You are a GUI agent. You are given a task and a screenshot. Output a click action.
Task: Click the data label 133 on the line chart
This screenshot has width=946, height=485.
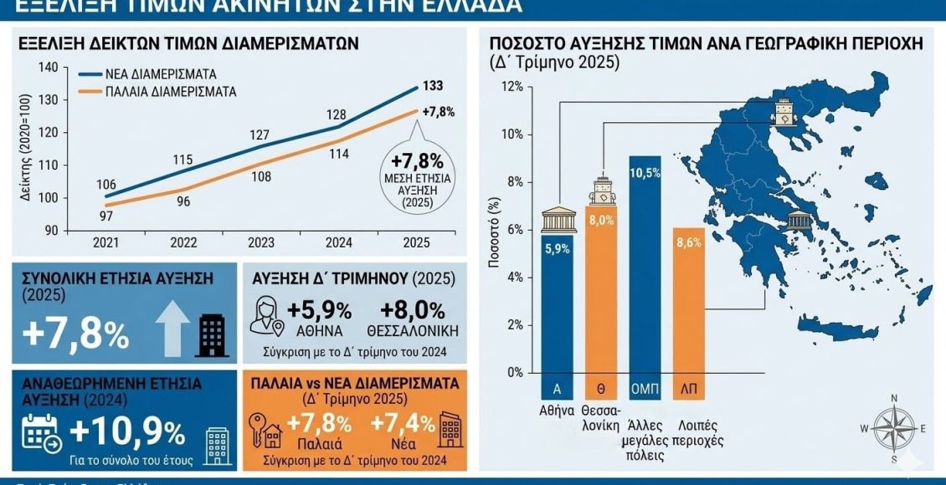pos(433,84)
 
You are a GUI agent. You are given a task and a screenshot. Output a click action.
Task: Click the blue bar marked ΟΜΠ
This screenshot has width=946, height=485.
pos(645,268)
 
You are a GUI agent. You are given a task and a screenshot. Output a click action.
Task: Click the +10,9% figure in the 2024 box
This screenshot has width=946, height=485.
pos(128,432)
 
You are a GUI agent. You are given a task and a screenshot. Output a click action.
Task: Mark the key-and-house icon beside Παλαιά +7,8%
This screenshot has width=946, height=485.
pos(267,428)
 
